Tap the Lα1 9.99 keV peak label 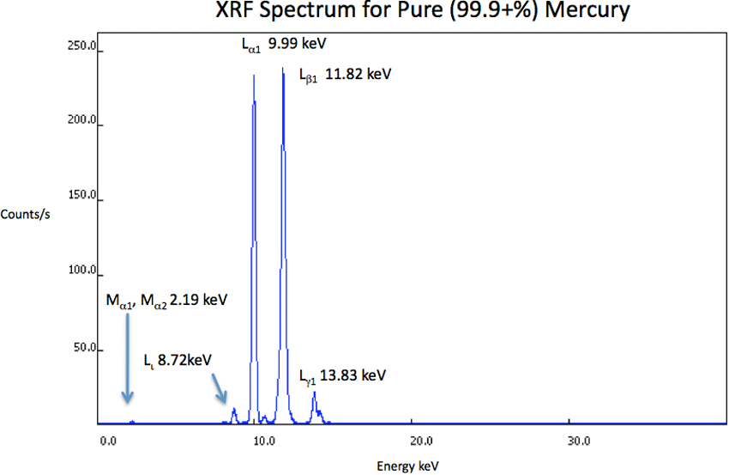284,44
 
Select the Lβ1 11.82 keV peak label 345,75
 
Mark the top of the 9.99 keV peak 254,77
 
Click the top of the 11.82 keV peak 283,70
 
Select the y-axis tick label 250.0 85,46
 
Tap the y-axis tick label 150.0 85,196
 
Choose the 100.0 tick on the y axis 85,271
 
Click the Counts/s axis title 26,214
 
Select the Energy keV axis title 407,466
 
